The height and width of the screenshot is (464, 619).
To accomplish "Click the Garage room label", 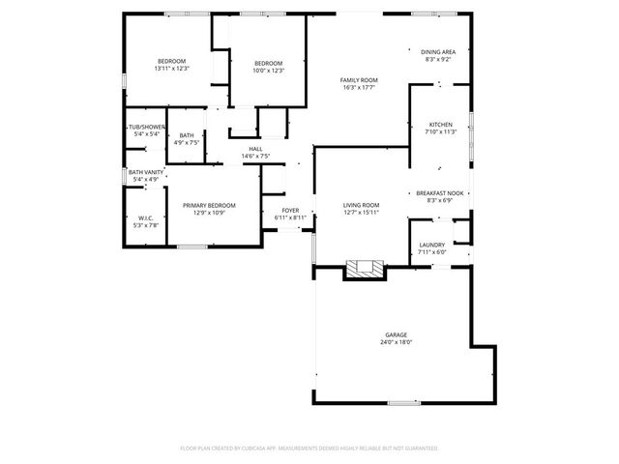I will [395, 334].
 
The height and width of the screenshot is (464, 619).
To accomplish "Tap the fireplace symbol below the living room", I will [366, 269].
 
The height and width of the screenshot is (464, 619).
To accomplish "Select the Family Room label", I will [358, 80].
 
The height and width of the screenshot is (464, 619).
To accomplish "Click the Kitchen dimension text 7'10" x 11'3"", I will [440, 132].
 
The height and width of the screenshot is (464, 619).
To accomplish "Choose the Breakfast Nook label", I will [440, 193].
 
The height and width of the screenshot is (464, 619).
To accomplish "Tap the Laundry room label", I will [431, 245].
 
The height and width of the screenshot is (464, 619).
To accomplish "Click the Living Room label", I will [362, 205].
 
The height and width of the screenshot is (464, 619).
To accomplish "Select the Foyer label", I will [290, 210].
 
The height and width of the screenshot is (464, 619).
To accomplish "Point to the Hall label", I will [255, 149].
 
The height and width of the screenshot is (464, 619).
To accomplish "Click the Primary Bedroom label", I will [209, 205].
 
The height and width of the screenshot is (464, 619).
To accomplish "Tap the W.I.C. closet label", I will [146, 218].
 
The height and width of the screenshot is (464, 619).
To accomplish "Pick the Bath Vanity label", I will [146, 172].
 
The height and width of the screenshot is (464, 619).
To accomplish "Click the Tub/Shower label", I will [146, 127].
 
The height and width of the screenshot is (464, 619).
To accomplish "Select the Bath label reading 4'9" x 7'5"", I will [187, 142].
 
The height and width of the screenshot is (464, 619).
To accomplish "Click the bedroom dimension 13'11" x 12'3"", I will [171, 69].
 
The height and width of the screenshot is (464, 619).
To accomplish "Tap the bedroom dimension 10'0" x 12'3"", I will [268, 69].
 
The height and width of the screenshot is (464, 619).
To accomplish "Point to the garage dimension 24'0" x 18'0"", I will [395, 342].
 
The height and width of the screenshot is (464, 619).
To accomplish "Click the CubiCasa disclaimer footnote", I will [309, 449].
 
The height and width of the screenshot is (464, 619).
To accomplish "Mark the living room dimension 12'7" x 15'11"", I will [362, 213].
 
